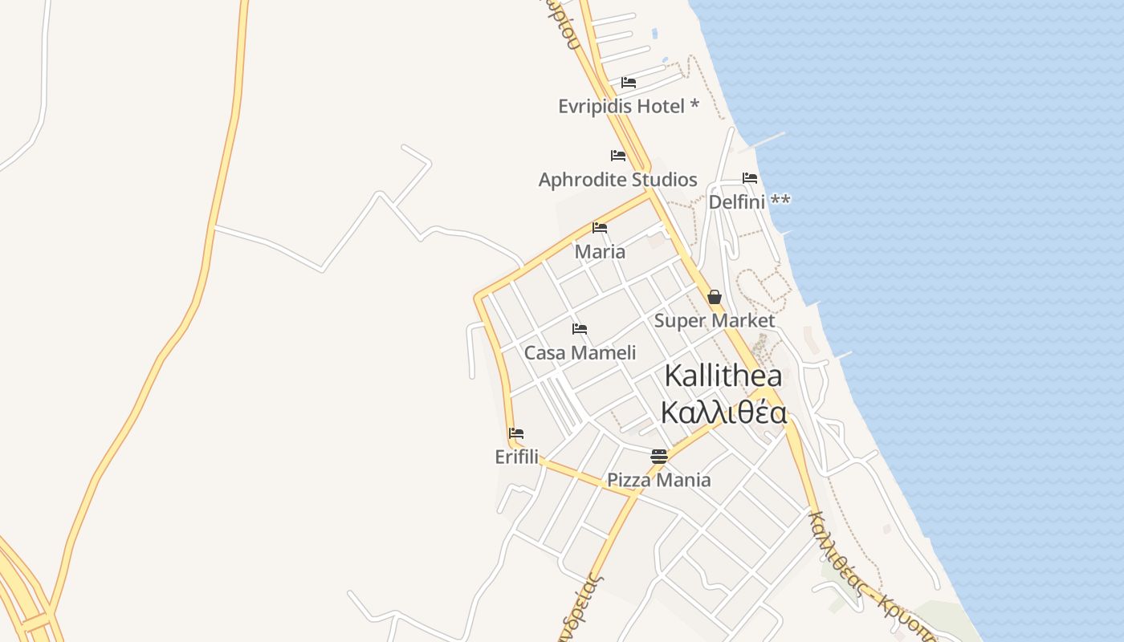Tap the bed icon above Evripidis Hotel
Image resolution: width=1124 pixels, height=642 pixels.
click(x=629, y=83)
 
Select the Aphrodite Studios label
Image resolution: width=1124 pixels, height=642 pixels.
click(x=617, y=179)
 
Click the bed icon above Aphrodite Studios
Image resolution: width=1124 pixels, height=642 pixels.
click(x=617, y=156)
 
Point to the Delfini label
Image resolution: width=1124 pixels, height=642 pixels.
click(x=749, y=201)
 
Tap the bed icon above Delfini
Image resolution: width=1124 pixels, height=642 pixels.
click(x=750, y=178)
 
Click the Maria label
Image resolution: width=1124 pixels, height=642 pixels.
click(x=600, y=251)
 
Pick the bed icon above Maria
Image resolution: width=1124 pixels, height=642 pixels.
click(x=600, y=228)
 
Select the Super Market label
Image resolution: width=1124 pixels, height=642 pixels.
click(x=715, y=321)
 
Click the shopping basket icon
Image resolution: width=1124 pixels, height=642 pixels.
click(x=715, y=298)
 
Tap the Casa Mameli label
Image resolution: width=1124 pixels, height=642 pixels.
click(x=580, y=352)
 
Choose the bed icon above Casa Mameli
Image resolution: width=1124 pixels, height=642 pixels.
click(x=580, y=329)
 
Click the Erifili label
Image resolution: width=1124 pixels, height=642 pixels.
click(x=516, y=457)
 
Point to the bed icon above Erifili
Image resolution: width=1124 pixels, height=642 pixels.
click(x=516, y=433)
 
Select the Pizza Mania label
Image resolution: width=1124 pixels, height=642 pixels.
click(x=659, y=480)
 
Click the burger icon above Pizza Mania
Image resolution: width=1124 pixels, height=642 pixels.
click(x=659, y=457)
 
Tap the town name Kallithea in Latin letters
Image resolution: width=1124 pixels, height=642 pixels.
click(x=723, y=376)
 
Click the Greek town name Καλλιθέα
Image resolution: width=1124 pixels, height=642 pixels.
click(x=723, y=411)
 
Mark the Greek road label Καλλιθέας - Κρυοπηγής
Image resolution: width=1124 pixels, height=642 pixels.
click(x=871, y=579)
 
